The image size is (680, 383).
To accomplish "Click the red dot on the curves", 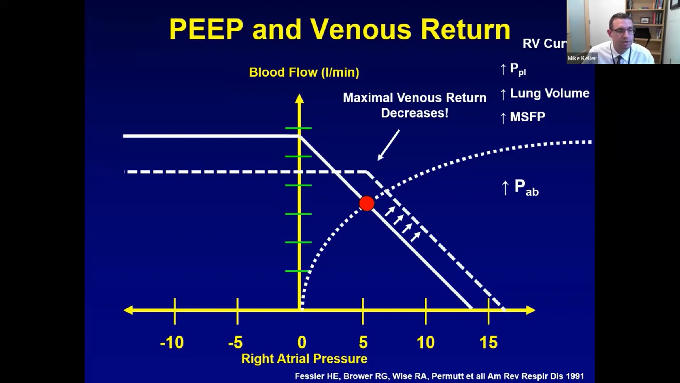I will (x=367, y=203).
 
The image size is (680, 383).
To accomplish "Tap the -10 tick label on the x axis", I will (x=172, y=342).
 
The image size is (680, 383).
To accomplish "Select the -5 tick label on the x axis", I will (x=235, y=342).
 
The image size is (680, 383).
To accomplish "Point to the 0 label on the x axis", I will (x=302, y=342).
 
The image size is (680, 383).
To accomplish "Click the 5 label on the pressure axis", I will (x=363, y=342).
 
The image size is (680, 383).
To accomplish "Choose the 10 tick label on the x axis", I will (x=425, y=342).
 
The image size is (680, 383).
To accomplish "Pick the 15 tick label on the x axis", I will (x=488, y=342).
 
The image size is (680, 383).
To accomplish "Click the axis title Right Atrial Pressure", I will (x=304, y=359).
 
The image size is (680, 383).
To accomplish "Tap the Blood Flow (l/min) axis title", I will (x=304, y=72).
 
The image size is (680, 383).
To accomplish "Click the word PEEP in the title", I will (x=206, y=29).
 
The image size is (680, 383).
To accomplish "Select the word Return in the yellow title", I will (x=466, y=29).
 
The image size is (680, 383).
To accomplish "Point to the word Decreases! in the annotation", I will (x=415, y=113).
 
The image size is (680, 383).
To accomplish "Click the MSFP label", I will (x=527, y=117).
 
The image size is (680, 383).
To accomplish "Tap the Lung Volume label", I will (x=550, y=93).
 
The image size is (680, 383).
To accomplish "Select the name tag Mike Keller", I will (x=582, y=58).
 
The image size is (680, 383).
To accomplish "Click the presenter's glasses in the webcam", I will (x=623, y=31).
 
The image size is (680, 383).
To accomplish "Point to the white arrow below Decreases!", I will (x=389, y=145).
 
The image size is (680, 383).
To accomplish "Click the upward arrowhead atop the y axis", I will (x=299, y=98).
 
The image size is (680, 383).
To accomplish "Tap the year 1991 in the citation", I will (x=575, y=376).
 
